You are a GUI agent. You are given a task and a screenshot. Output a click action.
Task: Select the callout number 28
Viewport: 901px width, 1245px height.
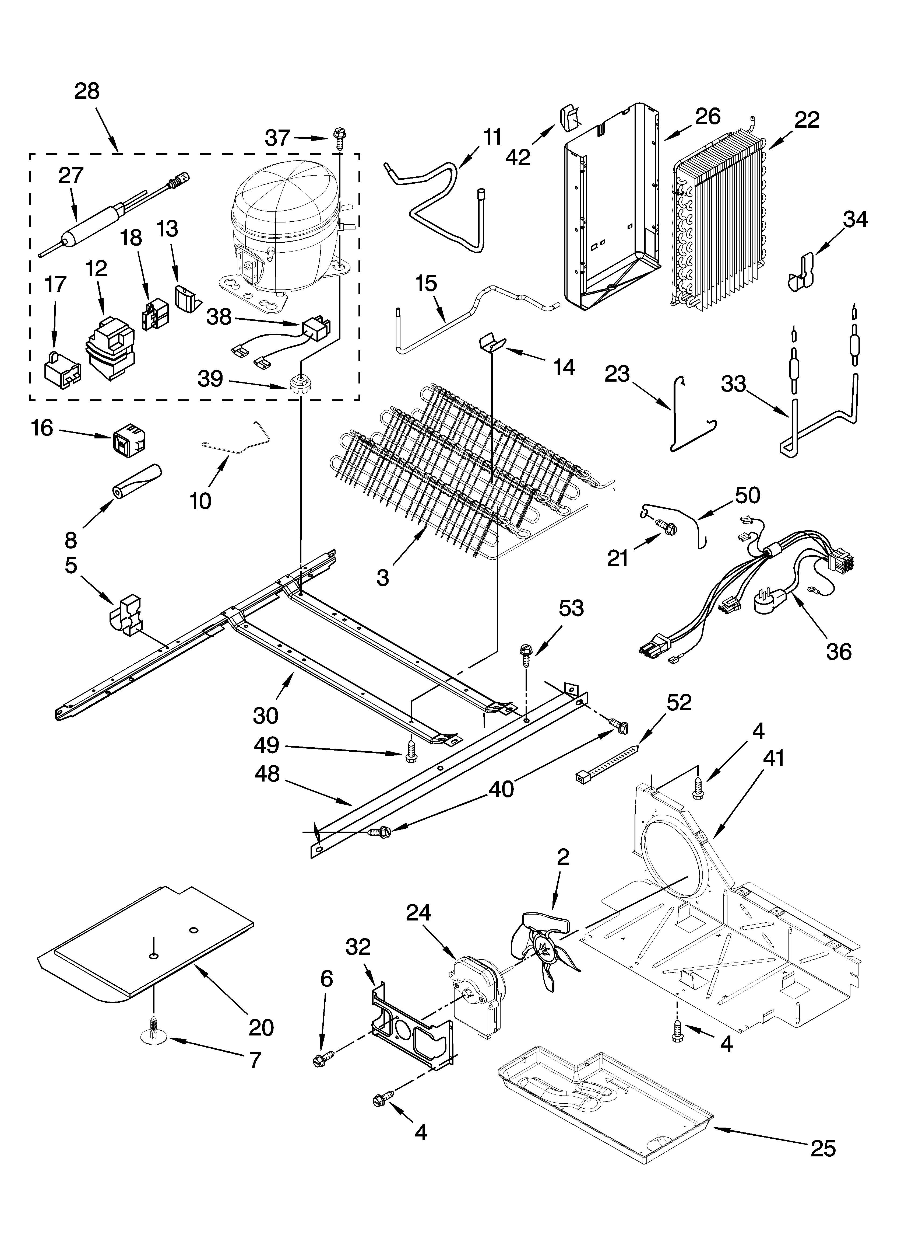click(87, 91)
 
